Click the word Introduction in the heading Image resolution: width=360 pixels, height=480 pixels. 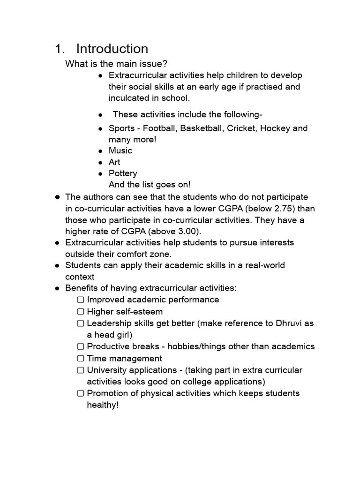(x=112, y=49)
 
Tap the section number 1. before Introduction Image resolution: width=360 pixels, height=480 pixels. (x=60, y=49)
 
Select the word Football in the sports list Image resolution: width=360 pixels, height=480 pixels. (x=159, y=128)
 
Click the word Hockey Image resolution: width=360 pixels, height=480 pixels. (x=275, y=128)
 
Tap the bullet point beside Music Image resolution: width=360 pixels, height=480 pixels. (x=100, y=151)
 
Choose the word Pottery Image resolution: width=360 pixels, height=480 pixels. (x=123, y=173)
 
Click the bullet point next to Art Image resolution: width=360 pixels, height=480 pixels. (x=100, y=163)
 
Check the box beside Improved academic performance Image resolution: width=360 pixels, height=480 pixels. (x=81, y=300)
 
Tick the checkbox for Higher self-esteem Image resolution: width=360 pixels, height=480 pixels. (x=81, y=312)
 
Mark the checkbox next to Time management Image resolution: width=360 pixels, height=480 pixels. (x=81, y=359)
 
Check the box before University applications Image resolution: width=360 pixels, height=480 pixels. (x=81, y=370)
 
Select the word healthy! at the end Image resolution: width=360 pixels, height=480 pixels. (x=103, y=405)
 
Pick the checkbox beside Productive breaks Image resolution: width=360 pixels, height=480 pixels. (x=81, y=347)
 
